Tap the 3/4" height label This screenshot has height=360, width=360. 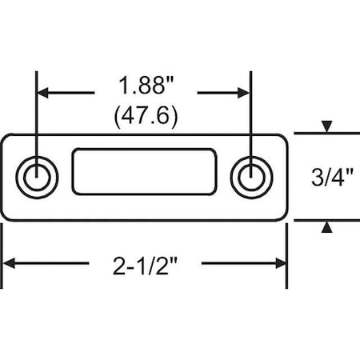tap(328, 177)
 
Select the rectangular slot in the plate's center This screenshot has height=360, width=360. tap(144, 170)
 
